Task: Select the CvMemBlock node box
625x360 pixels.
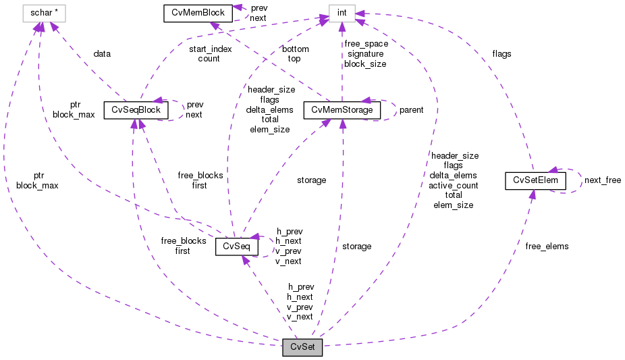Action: [x=194, y=12]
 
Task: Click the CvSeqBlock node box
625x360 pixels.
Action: [x=136, y=110]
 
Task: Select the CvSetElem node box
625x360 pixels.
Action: [x=531, y=180]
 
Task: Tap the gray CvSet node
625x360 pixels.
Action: [x=302, y=348]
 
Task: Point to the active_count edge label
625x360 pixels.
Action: [x=454, y=184]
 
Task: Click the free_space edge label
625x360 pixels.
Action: [x=366, y=44]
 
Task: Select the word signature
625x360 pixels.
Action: [x=365, y=54]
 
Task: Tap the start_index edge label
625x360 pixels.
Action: [x=209, y=49]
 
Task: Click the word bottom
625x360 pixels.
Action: [x=295, y=49]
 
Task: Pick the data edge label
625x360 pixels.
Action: [x=102, y=53]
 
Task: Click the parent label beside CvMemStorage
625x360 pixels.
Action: [x=410, y=110]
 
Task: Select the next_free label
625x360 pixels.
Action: [x=602, y=180]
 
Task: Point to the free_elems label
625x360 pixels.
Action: [x=547, y=246]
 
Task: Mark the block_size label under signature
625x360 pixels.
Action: [x=365, y=64]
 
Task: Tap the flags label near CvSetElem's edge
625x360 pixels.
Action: [x=501, y=53]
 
